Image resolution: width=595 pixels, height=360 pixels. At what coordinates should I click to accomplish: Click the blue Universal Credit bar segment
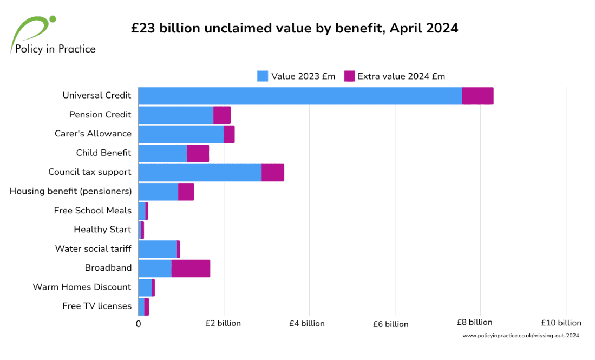point(300,95)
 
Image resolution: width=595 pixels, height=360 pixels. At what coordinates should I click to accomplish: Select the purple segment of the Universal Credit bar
point(478,95)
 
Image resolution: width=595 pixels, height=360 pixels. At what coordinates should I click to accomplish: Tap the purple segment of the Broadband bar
point(191,269)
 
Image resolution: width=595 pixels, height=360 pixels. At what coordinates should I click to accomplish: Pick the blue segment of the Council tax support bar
point(200,172)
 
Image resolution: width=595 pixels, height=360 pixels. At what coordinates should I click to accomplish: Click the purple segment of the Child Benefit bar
point(198,153)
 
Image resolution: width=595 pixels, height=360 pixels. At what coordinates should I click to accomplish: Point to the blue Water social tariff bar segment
point(158,249)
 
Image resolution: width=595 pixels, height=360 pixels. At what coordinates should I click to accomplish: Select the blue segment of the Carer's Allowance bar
point(181,134)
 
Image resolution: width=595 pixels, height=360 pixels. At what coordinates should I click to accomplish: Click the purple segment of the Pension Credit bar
point(222,115)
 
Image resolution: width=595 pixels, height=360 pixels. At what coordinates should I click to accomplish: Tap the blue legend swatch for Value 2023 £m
point(263,76)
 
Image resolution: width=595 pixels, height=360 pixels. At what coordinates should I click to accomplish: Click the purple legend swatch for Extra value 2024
point(350,76)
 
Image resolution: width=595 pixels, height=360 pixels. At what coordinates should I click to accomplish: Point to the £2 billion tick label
point(223,323)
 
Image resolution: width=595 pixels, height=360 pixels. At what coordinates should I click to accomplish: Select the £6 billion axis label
point(391,324)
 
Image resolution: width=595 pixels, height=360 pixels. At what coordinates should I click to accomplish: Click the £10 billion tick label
point(561,323)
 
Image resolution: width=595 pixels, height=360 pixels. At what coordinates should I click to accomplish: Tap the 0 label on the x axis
point(138,324)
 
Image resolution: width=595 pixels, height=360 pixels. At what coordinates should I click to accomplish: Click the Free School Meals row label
point(93,211)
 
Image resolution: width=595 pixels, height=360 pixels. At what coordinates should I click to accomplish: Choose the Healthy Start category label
point(102,230)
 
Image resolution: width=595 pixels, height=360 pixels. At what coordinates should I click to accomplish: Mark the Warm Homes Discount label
point(82,287)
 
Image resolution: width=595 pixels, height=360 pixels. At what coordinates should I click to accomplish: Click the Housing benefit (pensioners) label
point(70,191)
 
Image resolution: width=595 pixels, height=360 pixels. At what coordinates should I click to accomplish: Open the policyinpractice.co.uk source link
point(521,336)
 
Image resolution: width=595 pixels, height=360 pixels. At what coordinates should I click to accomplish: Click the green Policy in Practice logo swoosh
point(32,30)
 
